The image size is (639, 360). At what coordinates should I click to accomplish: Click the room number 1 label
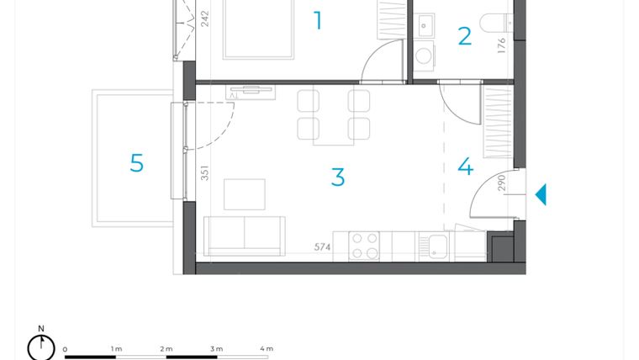pyautogui.click(x=318, y=21)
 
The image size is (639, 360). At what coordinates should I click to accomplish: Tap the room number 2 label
pyautogui.click(x=464, y=36)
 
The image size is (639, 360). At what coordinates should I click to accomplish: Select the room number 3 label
pyautogui.click(x=337, y=177)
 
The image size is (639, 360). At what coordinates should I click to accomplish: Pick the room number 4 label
pyautogui.click(x=465, y=167)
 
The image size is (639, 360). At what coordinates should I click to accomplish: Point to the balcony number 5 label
pyautogui.click(x=136, y=163)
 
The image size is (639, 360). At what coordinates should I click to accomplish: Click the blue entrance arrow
pyautogui.click(x=541, y=194)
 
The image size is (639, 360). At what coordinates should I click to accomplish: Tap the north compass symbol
pyautogui.click(x=40, y=346)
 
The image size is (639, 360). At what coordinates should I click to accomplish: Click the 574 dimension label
pyautogui.click(x=323, y=247)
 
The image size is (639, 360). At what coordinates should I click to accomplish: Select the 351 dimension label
pyautogui.click(x=204, y=173)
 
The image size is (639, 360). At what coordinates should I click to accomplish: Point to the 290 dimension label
pyautogui.click(x=502, y=183)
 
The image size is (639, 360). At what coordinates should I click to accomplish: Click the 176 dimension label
pyautogui.click(x=502, y=45)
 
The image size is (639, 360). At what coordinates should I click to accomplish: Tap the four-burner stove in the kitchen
pyautogui.click(x=365, y=246)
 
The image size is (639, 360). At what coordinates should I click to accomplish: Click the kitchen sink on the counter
pyautogui.click(x=437, y=246)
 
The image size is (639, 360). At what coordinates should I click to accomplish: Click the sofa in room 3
pyautogui.click(x=245, y=236)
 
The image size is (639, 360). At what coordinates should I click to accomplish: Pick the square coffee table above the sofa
pyautogui.click(x=244, y=193)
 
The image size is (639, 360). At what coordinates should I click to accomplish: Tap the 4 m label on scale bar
pyautogui.click(x=267, y=348)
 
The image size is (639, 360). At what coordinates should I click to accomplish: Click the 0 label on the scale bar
pyautogui.click(x=65, y=348)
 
